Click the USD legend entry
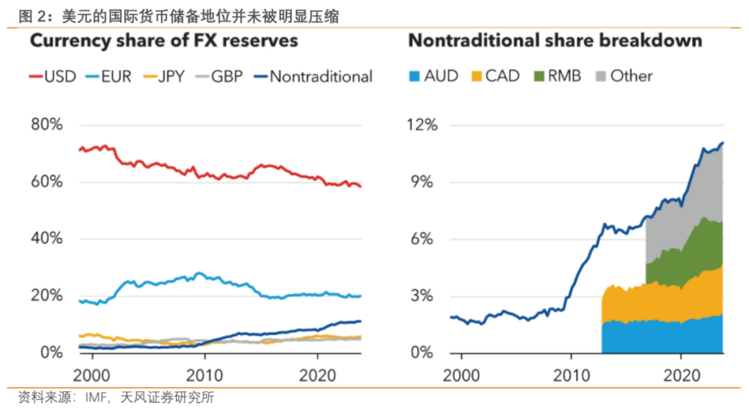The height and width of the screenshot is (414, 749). pyautogui.click(x=52, y=76)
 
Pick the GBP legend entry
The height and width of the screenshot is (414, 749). pyautogui.click(x=217, y=76)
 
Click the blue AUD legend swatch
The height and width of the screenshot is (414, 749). pyautogui.click(x=415, y=76)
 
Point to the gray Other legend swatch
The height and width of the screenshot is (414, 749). pyautogui.click(x=601, y=76)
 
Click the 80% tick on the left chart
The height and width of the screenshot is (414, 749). pyautogui.click(x=47, y=126)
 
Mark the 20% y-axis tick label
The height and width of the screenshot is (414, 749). pyautogui.click(x=47, y=295)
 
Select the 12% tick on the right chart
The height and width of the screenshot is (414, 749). pyautogui.click(x=422, y=126)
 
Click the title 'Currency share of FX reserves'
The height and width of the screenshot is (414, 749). pyautogui.click(x=163, y=40)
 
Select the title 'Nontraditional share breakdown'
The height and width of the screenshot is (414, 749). pyautogui.click(x=555, y=40)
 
